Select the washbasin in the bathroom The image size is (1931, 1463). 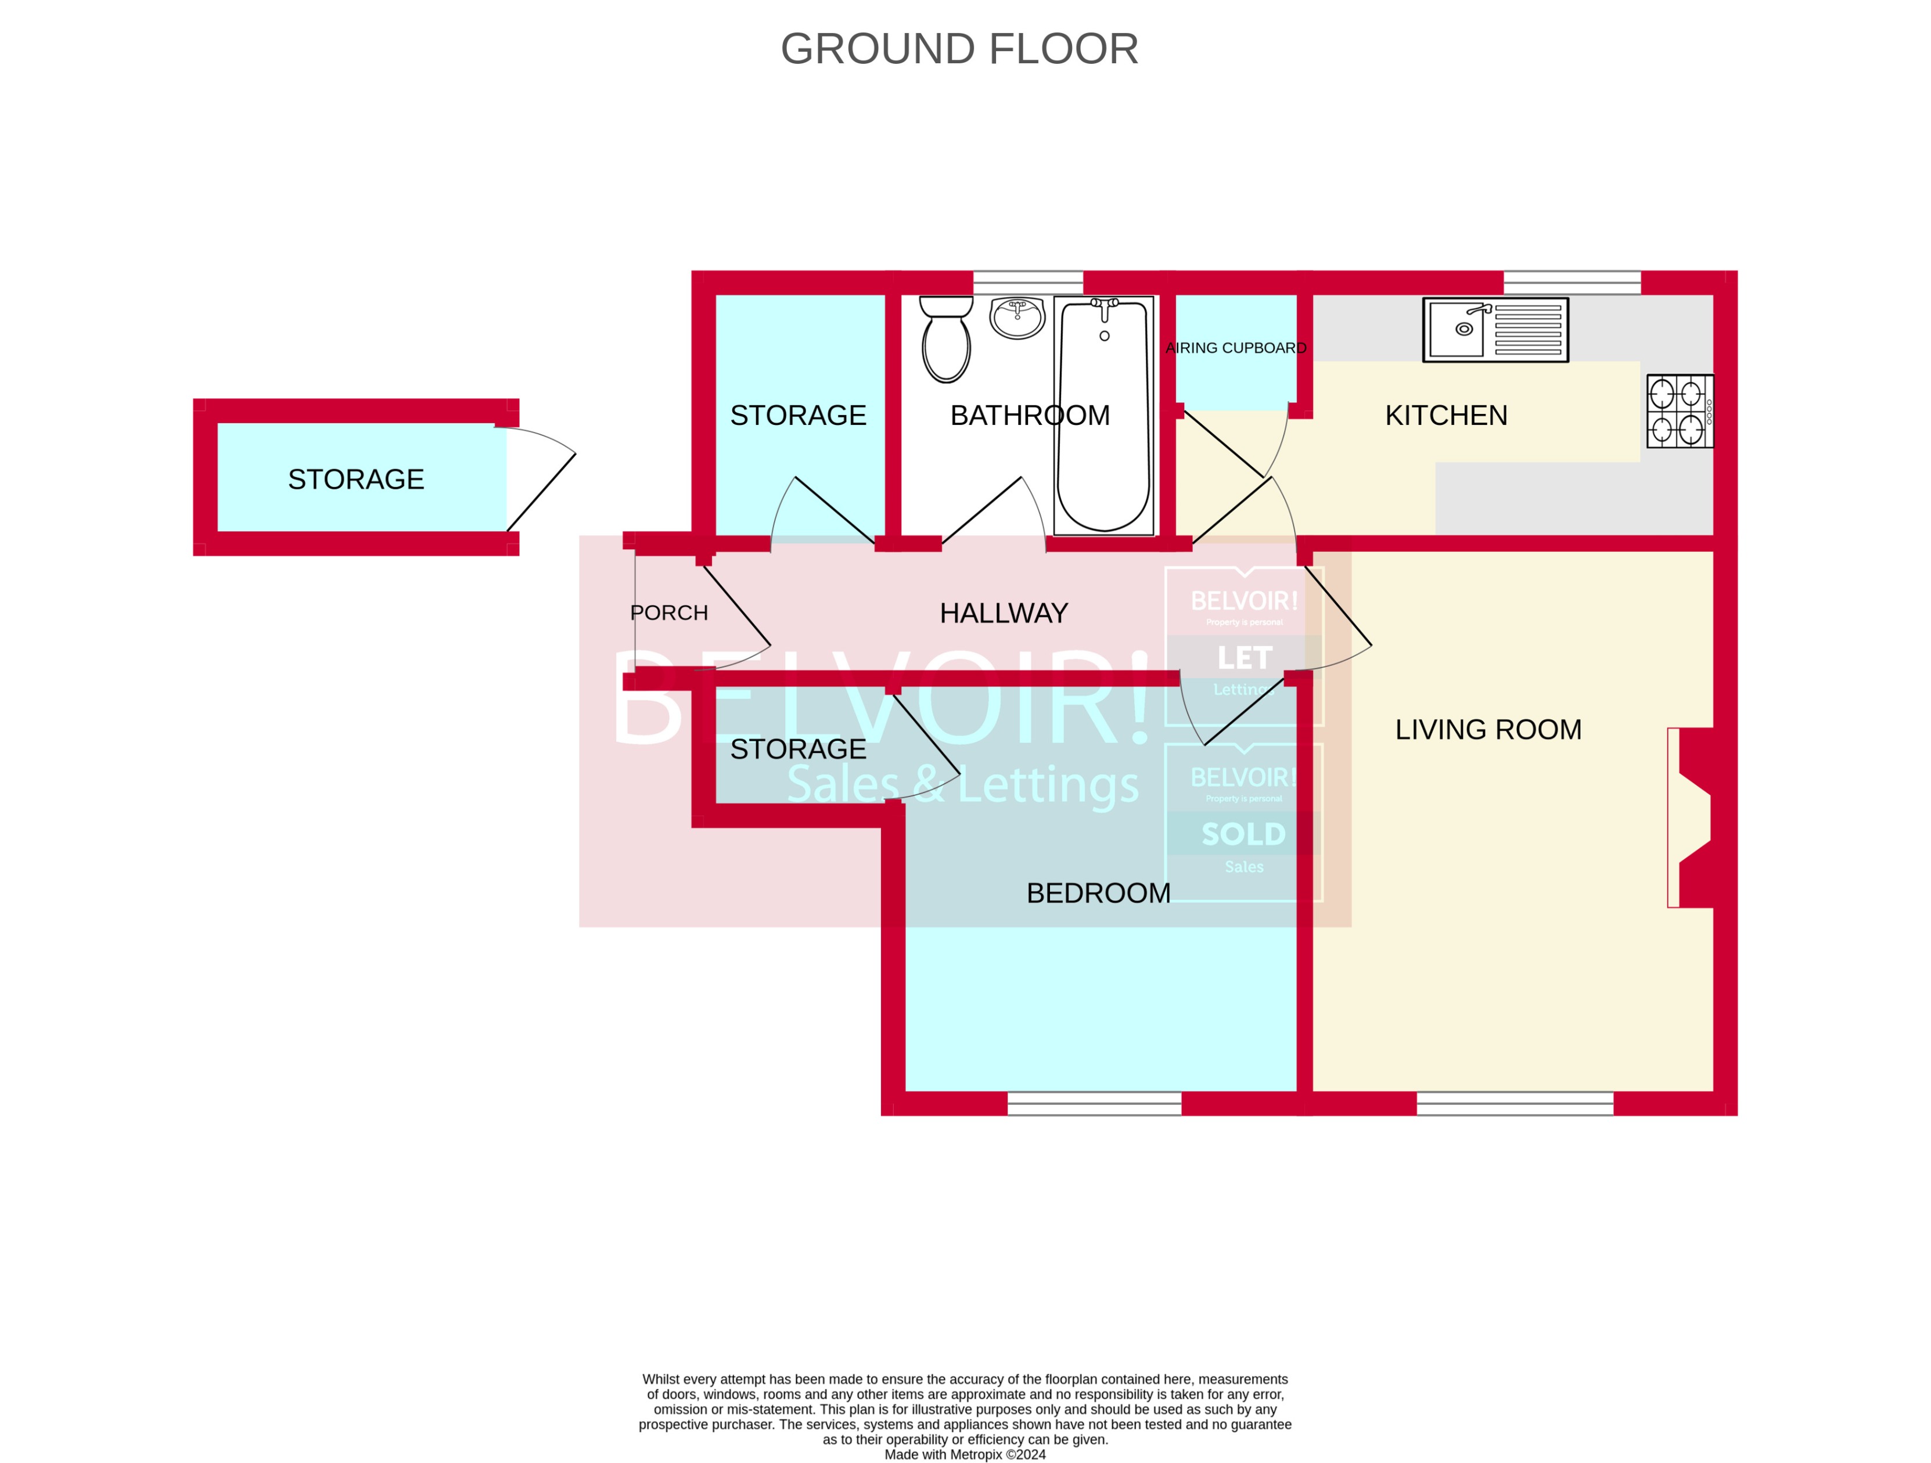pyautogui.click(x=1017, y=317)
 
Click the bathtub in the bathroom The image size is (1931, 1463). pyautogui.click(x=1103, y=416)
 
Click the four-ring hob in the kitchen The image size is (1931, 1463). pyautogui.click(x=1679, y=411)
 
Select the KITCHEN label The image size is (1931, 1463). pyautogui.click(x=1445, y=416)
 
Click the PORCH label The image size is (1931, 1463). pyautogui.click(x=668, y=613)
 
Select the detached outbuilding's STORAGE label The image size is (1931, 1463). pyautogui.click(x=355, y=479)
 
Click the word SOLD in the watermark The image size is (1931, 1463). pyautogui.click(x=1243, y=834)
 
